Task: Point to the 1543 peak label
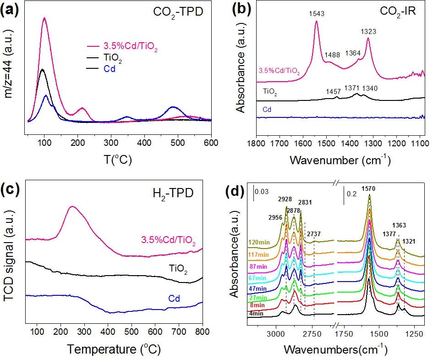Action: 316,14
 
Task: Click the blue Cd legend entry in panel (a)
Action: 109,69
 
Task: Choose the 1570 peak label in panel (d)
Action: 370,188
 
